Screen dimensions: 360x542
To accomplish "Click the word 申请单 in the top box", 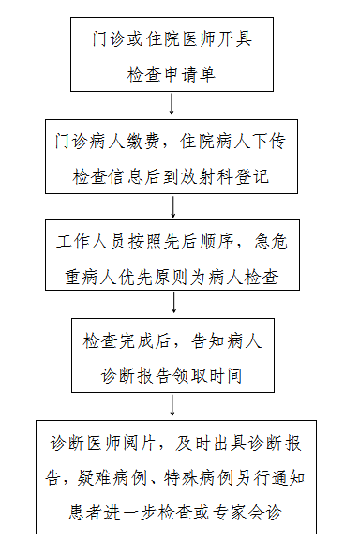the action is click(189, 74).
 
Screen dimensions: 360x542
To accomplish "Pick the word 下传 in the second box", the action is click(268, 141).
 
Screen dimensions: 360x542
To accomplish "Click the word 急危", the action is click(271, 241).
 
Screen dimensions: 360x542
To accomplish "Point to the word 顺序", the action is click(217, 241).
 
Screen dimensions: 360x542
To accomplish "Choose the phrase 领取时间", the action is click(207, 375).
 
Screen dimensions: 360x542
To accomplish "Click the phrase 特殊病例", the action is click(199, 478).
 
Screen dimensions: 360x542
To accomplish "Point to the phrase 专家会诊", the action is click(247, 513).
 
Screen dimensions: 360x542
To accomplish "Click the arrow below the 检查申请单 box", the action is click(172, 103).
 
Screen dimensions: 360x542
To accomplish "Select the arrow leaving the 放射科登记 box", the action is click(173, 206).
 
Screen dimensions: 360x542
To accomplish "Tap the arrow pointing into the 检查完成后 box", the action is click(174, 303).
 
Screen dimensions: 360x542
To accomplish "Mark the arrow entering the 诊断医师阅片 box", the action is click(172, 405).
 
